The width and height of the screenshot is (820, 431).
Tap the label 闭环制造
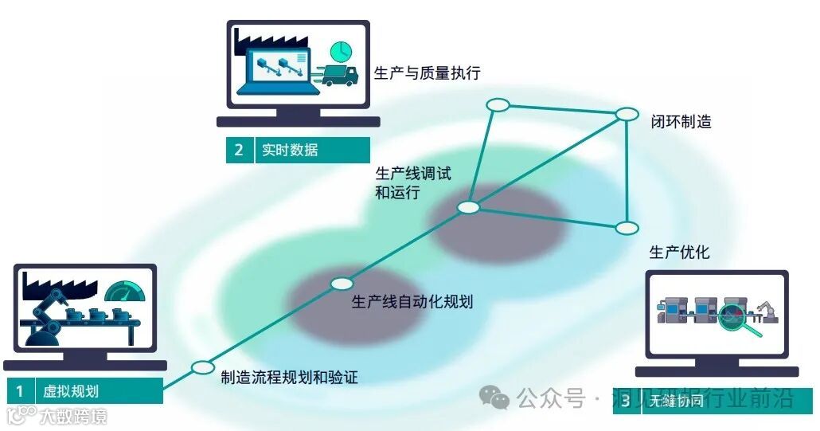(680, 122)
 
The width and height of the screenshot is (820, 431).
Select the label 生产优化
(679, 253)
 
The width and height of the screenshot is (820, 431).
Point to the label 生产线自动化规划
(412, 303)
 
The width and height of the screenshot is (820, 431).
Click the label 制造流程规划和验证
(289, 377)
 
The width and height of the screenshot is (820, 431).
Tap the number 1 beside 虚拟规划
(19, 391)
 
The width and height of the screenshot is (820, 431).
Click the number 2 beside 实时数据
(239, 150)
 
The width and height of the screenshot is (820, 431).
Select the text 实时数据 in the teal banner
(290, 150)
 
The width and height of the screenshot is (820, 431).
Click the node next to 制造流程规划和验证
(202, 368)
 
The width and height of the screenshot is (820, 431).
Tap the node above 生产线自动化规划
(341, 283)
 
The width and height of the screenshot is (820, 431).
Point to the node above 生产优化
(627, 228)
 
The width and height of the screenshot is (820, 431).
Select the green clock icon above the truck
(341, 50)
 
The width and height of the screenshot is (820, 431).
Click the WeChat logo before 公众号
(498, 398)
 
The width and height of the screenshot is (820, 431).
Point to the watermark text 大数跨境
(72, 416)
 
